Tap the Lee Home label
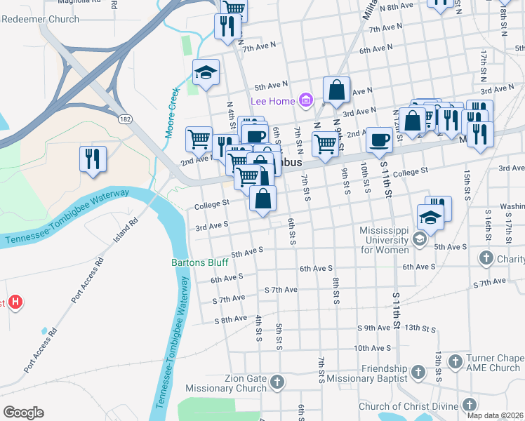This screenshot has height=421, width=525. (272, 102)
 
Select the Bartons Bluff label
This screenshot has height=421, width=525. (199, 263)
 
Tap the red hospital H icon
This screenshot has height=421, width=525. (16, 303)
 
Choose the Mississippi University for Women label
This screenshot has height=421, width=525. (384, 240)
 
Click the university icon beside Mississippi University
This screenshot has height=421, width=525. (420, 240)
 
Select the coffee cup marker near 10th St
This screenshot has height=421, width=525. (380, 140)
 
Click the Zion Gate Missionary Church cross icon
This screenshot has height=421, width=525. (277, 383)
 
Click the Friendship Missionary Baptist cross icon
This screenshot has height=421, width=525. (418, 371)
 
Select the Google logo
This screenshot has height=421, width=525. (23, 413)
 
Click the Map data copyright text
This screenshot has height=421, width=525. (496, 415)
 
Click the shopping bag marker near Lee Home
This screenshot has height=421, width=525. (337, 90)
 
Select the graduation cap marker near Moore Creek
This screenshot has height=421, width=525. (206, 72)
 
